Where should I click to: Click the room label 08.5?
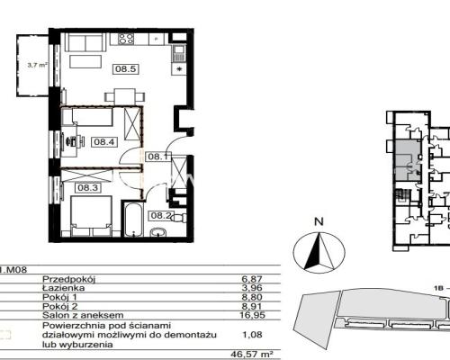126,69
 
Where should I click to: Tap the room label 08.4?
104,141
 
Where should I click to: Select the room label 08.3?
88,188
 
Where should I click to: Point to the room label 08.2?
161,215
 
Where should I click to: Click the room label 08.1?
158,157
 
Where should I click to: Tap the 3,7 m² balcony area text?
38,65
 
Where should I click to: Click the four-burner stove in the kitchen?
126,39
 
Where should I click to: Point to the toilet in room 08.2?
179,218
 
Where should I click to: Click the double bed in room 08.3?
92,216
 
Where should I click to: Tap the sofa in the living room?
85,42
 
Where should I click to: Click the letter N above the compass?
319,221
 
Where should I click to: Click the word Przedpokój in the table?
68,279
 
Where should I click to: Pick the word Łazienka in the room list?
64,288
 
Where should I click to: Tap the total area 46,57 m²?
251,355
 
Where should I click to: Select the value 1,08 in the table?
252,334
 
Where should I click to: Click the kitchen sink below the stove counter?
179,54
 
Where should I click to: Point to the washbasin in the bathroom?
158,232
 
